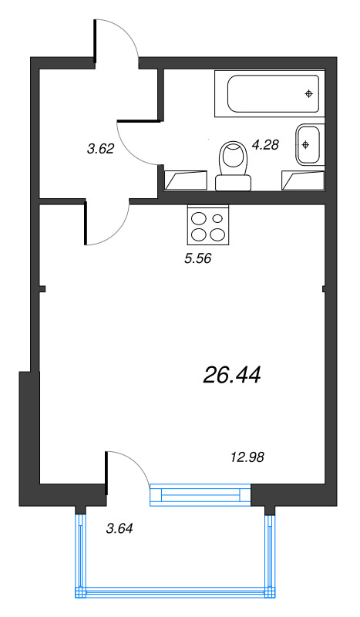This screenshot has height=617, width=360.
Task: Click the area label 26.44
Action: [x=233, y=375]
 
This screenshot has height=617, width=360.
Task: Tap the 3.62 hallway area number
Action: [x=101, y=150]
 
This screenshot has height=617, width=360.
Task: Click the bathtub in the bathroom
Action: [x=267, y=96]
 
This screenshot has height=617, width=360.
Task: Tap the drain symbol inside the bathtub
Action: [x=308, y=94]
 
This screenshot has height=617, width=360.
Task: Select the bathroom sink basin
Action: [x=307, y=143]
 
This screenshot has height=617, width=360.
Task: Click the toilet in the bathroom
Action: [x=232, y=164]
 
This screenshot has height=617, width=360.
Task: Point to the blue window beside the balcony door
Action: [x=200, y=494]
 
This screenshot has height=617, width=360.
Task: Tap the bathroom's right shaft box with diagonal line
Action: [x=304, y=180]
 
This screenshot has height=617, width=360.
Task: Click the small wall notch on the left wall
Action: [x=42, y=290]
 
